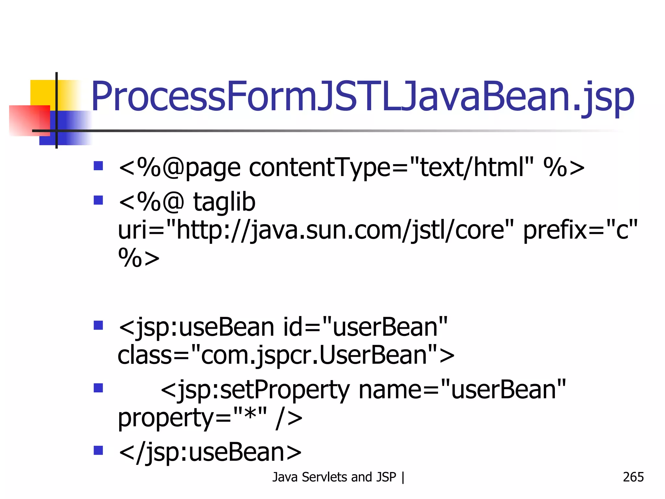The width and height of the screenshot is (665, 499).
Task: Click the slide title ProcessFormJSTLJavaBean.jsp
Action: tap(362, 97)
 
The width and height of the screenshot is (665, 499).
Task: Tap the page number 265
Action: tap(633, 477)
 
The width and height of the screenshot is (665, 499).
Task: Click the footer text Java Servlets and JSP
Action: tap(334, 477)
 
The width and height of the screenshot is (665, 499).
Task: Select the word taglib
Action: tap(224, 202)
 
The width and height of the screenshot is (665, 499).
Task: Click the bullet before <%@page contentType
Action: tap(98, 166)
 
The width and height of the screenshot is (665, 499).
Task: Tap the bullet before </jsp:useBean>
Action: tap(98, 450)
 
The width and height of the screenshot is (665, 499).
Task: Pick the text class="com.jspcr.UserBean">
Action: tap(286, 355)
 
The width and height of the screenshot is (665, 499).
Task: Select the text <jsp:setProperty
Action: tap(255, 390)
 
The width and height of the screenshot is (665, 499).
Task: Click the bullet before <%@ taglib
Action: tap(98, 200)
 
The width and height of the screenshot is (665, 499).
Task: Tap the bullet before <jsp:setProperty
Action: tap(98, 388)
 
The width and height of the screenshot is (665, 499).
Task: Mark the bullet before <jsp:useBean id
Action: tap(98, 325)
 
